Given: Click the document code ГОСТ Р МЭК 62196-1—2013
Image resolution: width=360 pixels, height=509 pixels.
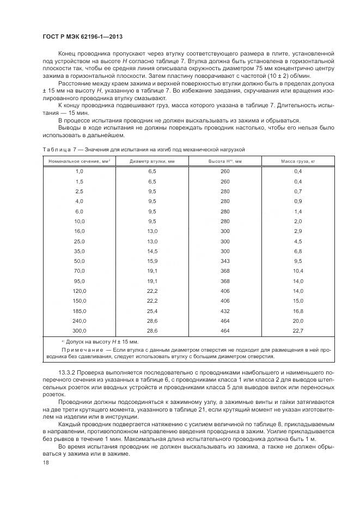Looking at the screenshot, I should click(x=82, y=36).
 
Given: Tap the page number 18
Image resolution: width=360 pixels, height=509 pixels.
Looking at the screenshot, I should click(x=46, y=462).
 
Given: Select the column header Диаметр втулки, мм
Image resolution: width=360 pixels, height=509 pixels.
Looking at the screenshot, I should click(x=152, y=162).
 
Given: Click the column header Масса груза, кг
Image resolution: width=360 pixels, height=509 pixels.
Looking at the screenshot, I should click(x=298, y=162).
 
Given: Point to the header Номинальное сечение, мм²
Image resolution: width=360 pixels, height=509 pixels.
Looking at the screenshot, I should click(x=80, y=162).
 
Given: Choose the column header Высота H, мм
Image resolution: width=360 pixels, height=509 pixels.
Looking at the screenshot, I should click(x=225, y=162).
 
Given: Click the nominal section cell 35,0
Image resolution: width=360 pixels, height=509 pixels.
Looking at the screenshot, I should click(x=80, y=251).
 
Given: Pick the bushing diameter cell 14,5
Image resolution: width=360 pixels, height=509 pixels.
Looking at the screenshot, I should click(x=152, y=251).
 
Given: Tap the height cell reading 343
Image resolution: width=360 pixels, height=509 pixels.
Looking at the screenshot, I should click(x=225, y=261).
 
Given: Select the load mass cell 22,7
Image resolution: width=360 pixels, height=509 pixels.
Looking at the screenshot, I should click(x=298, y=330).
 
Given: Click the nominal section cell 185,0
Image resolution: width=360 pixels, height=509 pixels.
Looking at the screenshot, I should click(x=80, y=310).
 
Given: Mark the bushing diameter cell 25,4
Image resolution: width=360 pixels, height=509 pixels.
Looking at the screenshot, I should click(x=152, y=310).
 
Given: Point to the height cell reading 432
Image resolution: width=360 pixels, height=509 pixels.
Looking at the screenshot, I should click(x=225, y=310).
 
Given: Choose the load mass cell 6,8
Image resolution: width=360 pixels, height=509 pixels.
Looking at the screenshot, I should click(x=298, y=251).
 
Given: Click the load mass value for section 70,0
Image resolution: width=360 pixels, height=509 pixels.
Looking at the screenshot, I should click(x=298, y=271).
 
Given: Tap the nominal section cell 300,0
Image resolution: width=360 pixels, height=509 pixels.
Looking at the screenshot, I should click(x=80, y=330).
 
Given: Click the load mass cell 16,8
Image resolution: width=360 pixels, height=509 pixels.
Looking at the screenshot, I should click(x=298, y=310).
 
